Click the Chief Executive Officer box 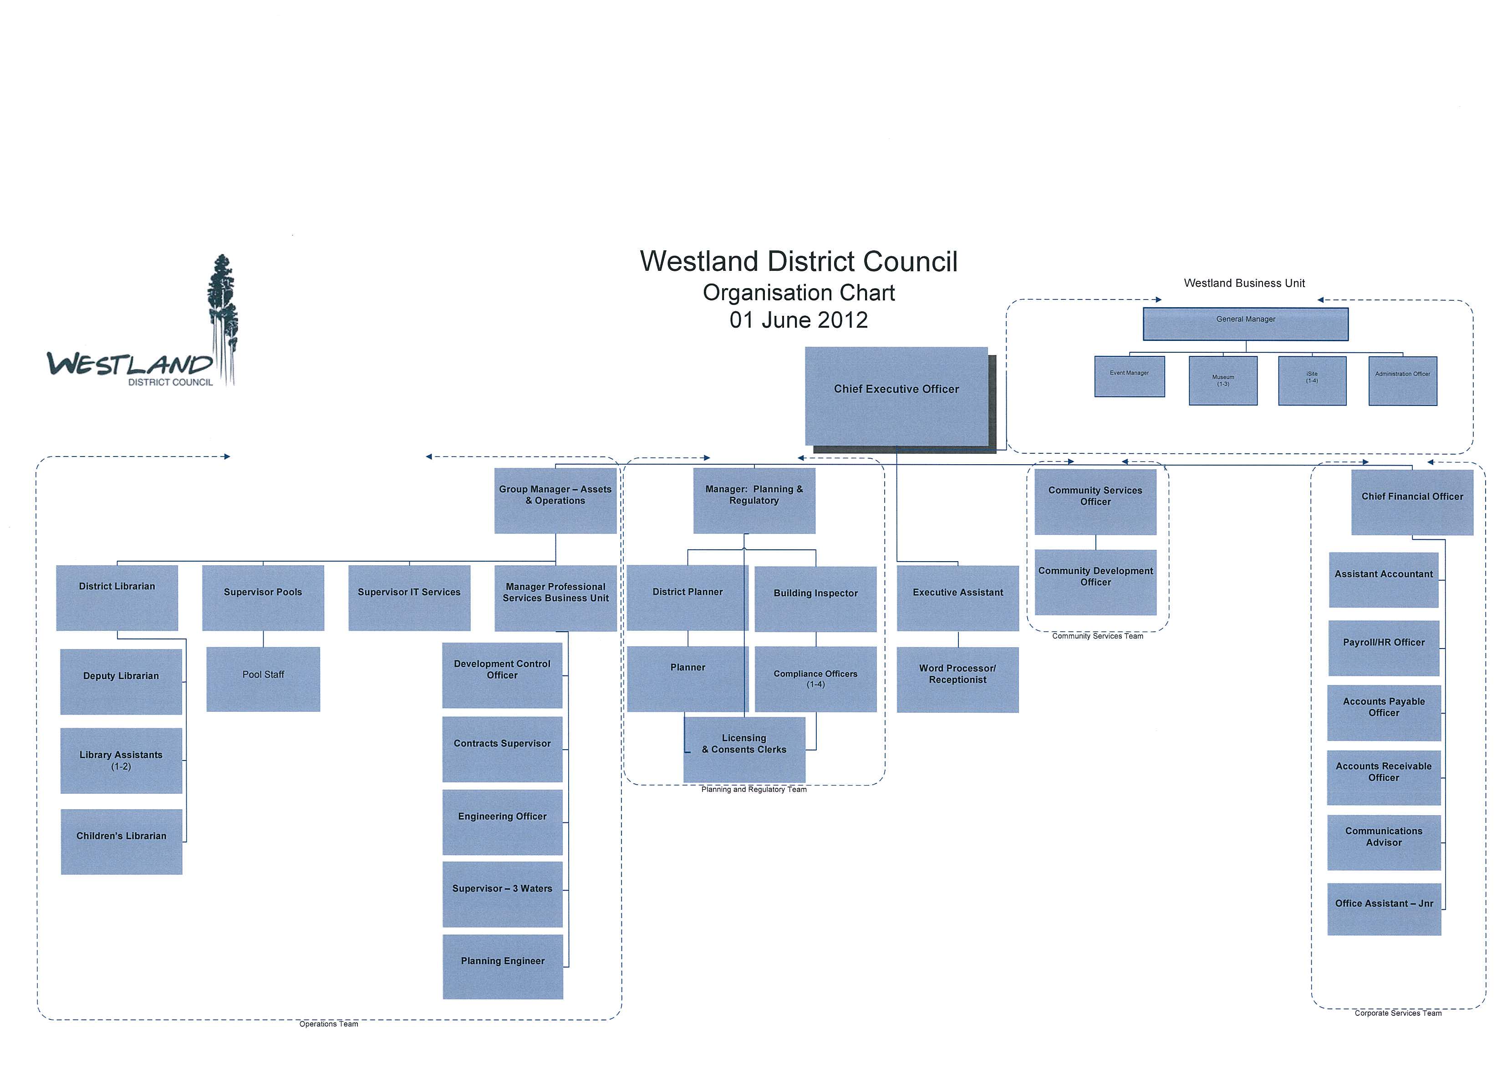click(x=896, y=396)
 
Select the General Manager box click(x=1245, y=324)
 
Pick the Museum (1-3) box click(x=1223, y=380)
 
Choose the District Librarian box click(x=117, y=597)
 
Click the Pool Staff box click(x=263, y=679)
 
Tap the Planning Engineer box click(x=503, y=966)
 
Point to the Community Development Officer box click(x=1095, y=581)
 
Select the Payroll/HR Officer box click(x=1384, y=648)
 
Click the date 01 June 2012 click(x=798, y=320)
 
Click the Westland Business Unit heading click(x=1244, y=284)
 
